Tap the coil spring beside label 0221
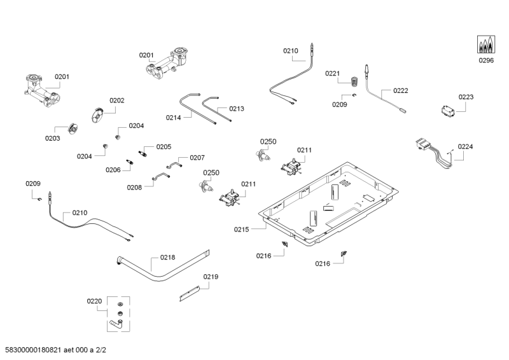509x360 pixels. point(355,80)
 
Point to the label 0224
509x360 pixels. point(465,146)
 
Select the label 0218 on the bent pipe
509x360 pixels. point(167,258)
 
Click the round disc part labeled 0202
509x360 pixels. point(98,116)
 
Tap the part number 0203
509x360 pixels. point(52,138)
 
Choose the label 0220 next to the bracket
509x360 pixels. point(95,301)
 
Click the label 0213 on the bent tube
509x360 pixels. point(236,109)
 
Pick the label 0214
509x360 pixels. point(174,118)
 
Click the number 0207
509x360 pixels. point(197,157)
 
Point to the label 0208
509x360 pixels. point(135,187)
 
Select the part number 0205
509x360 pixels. point(164,147)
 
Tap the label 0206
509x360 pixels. point(113,170)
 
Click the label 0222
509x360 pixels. point(401,91)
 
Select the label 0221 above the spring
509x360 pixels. point(333,74)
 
